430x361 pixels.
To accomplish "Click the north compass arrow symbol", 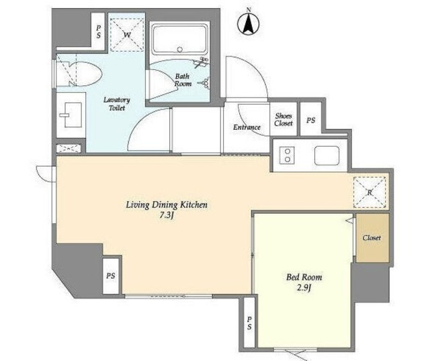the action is (x=249, y=24).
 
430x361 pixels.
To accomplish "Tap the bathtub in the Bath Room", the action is (x=179, y=40).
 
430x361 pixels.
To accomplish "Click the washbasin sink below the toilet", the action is (x=73, y=115).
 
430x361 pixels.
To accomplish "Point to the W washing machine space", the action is (x=127, y=35).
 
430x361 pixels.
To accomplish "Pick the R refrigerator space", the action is (x=370, y=192).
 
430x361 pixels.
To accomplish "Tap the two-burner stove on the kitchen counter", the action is (x=287, y=155).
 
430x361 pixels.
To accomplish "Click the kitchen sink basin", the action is (x=327, y=155).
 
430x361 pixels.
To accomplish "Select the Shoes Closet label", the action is (x=284, y=120).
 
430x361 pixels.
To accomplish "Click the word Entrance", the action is (x=247, y=127).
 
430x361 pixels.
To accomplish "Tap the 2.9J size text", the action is (x=304, y=288).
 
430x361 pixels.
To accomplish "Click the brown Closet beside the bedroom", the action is (x=372, y=238).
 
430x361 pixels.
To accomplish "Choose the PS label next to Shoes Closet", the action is (x=310, y=120).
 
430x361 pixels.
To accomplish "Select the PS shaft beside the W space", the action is (x=98, y=32).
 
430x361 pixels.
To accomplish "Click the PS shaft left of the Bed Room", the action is (x=249, y=323).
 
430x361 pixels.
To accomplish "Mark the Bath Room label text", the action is (x=183, y=80).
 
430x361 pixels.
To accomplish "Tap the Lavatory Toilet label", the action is (x=117, y=104).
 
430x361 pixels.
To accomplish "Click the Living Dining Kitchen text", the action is (x=167, y=205).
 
